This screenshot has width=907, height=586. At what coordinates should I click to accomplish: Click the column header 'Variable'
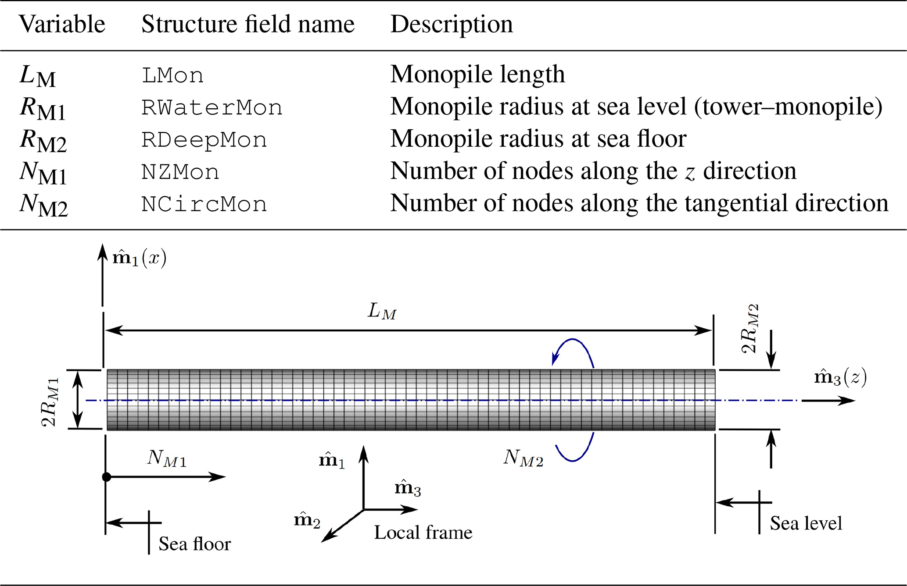[x=62, y=24]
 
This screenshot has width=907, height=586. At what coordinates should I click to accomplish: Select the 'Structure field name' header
[x=248, y=24]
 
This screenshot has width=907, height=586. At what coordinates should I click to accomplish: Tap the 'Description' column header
[x=452, y=24]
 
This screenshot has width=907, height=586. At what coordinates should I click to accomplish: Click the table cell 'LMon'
[x=172, y=76]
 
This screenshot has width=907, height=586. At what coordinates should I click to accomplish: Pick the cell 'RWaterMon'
[x=212, y=108]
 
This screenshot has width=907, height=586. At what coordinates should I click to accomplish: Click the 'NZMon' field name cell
[x=180, y=172]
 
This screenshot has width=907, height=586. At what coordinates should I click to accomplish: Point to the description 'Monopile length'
[x=477, y=75]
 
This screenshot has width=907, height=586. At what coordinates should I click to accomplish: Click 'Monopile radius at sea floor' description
[x=538, y=139]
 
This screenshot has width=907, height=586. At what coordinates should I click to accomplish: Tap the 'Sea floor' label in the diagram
[x=194, y=544]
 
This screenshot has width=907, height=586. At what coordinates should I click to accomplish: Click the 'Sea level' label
[x=806, y=523]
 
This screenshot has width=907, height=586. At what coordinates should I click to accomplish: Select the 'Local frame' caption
[x=423, y=533]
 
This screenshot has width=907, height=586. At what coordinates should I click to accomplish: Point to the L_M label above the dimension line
[x=382, y=312]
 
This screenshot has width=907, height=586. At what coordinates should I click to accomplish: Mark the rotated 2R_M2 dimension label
[x=749, y=329]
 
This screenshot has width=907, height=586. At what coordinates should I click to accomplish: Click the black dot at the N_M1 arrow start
[x=106, y=477]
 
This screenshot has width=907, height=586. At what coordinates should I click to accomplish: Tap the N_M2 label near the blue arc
[x=523, y=458]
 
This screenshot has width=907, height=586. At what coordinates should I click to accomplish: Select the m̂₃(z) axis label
[x=840, y=377]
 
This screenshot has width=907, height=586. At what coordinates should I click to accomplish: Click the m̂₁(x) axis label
[x=140, y=258]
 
